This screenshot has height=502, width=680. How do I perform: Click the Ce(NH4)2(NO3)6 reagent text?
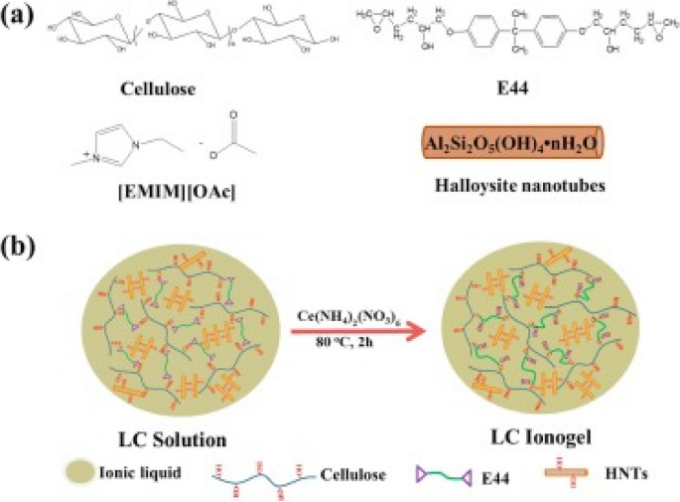[x=339, y=317]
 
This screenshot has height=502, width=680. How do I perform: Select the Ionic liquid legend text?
[x=138, y=475]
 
